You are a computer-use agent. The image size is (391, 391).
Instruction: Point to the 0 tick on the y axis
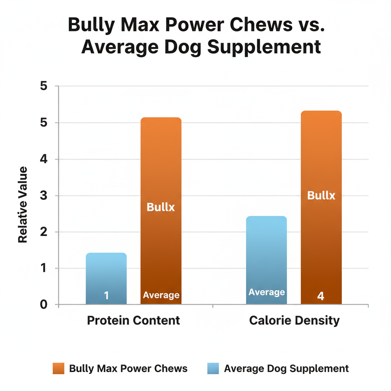(44, 305)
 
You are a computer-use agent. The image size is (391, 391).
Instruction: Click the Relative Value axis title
(23, 204)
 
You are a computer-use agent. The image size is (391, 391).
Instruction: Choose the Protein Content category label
(133, 320)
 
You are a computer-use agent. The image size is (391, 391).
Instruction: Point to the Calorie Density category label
(294, 320)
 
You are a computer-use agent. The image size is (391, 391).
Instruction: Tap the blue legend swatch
(213, 368)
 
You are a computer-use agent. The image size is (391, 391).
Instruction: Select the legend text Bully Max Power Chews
(128, 368)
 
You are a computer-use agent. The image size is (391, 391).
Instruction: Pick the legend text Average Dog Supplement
(286, 368)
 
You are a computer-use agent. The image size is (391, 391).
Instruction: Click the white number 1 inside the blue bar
(107, 296)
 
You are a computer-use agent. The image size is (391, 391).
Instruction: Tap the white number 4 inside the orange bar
(321, 296)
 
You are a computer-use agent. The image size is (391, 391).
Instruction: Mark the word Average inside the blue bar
(267, 292)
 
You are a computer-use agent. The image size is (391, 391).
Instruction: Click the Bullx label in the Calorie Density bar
(321, 196)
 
